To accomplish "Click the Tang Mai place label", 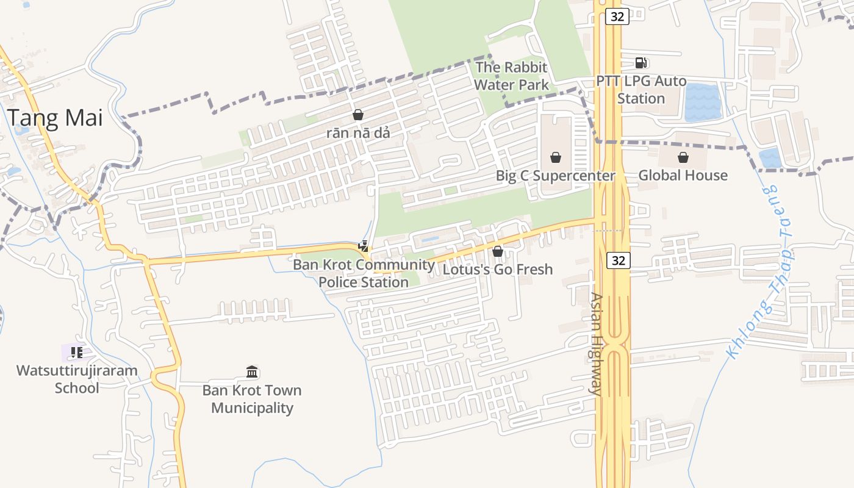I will tap(56, 117).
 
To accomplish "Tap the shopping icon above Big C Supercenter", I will tap(556, 158).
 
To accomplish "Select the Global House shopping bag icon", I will tap(683, 158).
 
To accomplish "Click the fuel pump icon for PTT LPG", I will tap(640, 62).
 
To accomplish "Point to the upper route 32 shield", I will tap(617, 16).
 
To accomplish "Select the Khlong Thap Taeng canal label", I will tap(759, 271).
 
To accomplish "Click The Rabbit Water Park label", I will tap(511, 76).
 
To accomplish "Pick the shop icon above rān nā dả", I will tap(358, 115).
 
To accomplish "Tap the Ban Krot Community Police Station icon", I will tap(364, 247).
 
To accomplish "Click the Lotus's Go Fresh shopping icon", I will tap(498, 251).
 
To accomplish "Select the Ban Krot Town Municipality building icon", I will tap(252, 372).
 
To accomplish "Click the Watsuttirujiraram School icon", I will tap(76, 353).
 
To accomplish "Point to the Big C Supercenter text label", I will tap(555, 176).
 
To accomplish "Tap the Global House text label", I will tap(683, 176).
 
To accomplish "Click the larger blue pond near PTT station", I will tap(703, 102).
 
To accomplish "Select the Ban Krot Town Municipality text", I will tap(252, 399).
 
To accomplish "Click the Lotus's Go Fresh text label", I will tap(498, 269).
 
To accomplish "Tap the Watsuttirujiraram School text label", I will tap(77, 379).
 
